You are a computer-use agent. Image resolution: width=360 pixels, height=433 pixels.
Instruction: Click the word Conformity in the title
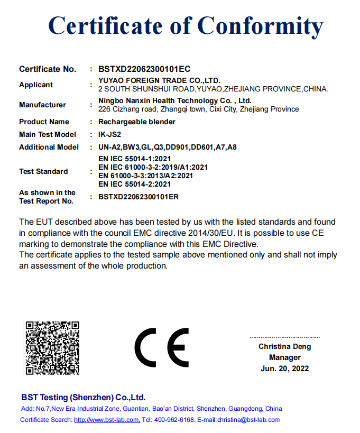point(260,26)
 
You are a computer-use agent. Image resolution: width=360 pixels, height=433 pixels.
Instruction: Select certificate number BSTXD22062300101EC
point(144,69)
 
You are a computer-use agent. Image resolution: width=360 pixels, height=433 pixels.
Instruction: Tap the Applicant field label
point(36,85)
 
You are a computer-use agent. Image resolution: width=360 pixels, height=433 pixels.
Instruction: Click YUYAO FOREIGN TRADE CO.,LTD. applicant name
point(159,80)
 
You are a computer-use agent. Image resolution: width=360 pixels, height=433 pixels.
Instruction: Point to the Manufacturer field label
point(42,105)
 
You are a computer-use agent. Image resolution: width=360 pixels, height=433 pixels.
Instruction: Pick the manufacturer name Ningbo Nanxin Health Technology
point(175,100)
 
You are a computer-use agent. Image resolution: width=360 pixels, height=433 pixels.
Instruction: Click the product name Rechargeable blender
point(137,122)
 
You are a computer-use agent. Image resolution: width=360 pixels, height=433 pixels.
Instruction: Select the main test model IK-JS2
point(110,134)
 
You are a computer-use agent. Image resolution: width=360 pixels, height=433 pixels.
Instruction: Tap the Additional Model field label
point(49,147)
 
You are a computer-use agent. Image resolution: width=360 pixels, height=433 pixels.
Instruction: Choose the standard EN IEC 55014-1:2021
point(135,159)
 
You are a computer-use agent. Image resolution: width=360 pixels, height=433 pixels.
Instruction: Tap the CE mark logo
point(162,348)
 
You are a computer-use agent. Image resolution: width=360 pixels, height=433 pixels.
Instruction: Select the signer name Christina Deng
point(284,347)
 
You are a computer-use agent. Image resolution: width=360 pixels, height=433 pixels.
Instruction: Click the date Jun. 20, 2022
point(284,368)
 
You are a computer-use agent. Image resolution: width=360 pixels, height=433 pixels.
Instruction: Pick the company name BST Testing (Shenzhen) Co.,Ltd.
point(83,397)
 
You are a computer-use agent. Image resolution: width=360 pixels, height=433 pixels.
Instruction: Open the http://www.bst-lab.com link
point(107,420)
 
